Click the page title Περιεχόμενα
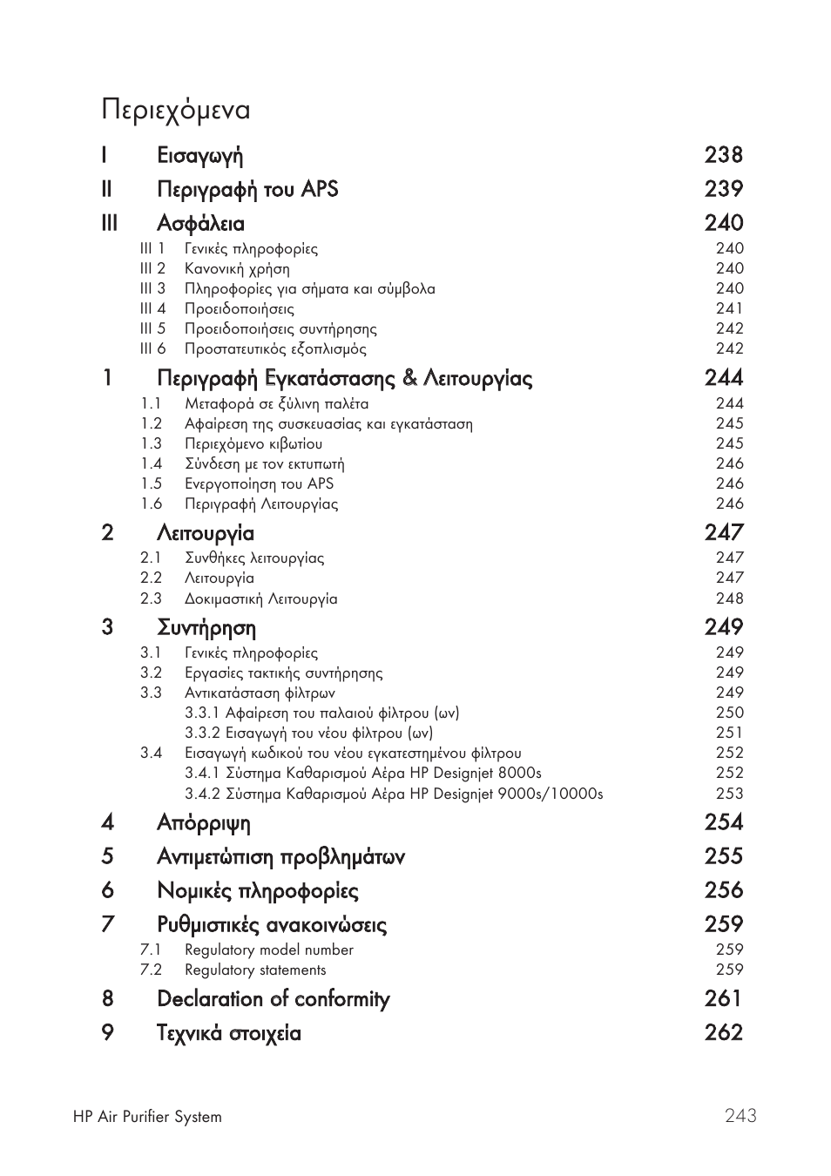175,111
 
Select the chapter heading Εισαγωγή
199,156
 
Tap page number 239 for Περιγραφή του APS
723,189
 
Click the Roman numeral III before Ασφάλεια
108,223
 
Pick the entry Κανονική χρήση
237,269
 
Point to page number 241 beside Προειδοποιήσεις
729,308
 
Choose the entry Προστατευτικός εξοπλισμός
275,349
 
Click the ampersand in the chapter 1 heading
410,378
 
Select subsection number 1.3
152,443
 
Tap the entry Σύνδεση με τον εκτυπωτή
264,463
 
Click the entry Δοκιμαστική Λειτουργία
260,598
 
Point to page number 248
729,598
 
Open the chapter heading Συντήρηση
206,627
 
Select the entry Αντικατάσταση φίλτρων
260,693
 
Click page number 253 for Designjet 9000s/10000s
729,794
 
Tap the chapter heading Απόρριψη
203,822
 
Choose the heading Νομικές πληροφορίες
257,890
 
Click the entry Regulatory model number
268,950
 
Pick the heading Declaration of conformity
273,999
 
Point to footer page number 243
740,1116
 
